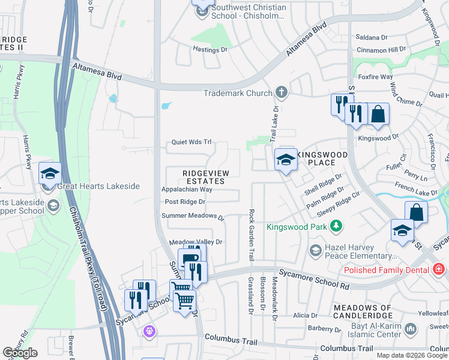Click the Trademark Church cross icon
[x=280, y=93]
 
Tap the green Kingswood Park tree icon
[x=337, y=226]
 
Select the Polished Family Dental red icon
[x=439, y=269]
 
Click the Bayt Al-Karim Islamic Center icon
[x=411, y=329]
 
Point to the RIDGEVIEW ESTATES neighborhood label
[x=206, y=177]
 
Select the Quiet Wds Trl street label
[x=191, y=142]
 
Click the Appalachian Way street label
[x=187, y=189]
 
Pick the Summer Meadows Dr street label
[x=192, y=216]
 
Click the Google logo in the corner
[x=20, y=353]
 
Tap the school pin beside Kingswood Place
[x=286, y=160]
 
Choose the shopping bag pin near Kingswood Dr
[x=379, y=113]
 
